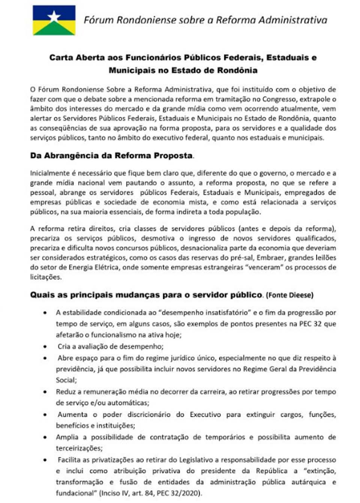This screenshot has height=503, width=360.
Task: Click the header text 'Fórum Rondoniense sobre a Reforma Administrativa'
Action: tap(205, 20)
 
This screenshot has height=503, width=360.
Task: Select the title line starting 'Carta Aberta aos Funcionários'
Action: tap(183, 58)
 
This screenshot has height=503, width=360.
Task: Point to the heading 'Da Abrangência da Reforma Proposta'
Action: tap(111, 156)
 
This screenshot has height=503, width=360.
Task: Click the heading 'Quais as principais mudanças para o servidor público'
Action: tap(146, 295)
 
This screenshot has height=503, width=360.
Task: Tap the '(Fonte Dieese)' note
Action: tap(289, 295)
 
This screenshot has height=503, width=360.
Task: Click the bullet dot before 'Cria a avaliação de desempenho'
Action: tap(45, 347)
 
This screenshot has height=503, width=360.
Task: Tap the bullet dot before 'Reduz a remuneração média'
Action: tap(45, 392)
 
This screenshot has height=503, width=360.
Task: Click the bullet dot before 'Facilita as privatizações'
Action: tap(45, 460)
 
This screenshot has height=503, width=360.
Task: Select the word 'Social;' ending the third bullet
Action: tap(66, 380)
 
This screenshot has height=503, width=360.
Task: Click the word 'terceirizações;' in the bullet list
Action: tap(79, 448)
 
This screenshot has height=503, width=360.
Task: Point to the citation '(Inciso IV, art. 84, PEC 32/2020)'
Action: tap(151, 493)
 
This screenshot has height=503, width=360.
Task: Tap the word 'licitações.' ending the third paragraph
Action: tap(46, 277)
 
